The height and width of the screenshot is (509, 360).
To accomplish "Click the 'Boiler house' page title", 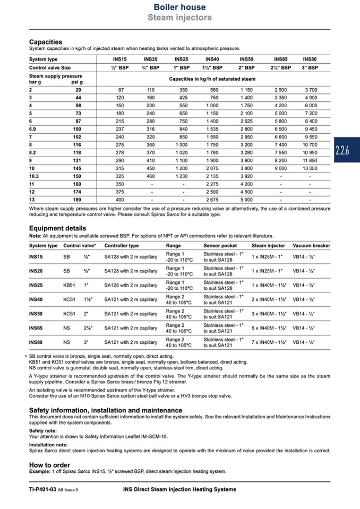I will tap(179, 7).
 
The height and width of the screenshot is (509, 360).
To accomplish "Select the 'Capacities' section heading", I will tap(45, 42).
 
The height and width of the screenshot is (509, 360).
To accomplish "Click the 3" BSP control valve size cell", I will tap(310, 68).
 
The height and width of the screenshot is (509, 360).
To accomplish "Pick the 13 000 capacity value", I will tap(310, 168).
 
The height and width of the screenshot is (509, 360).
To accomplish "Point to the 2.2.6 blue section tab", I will tap(345, 152).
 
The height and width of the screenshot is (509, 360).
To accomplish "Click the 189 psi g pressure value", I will tap(77, 199).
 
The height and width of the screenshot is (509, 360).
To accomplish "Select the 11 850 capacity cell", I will tap(310, 160).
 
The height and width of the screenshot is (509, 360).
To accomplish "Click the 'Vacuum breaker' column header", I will tap(311, 246).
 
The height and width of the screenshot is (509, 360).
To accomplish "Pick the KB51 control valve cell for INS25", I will tap(70, 284).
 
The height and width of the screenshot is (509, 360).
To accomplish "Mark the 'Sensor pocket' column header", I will tap(220, 246).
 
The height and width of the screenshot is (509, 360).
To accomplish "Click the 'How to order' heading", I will tap(50, 465).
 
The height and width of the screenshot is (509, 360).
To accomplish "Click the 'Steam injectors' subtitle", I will tap(179, 18).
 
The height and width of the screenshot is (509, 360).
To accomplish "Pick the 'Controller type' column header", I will tap(122, 246).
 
